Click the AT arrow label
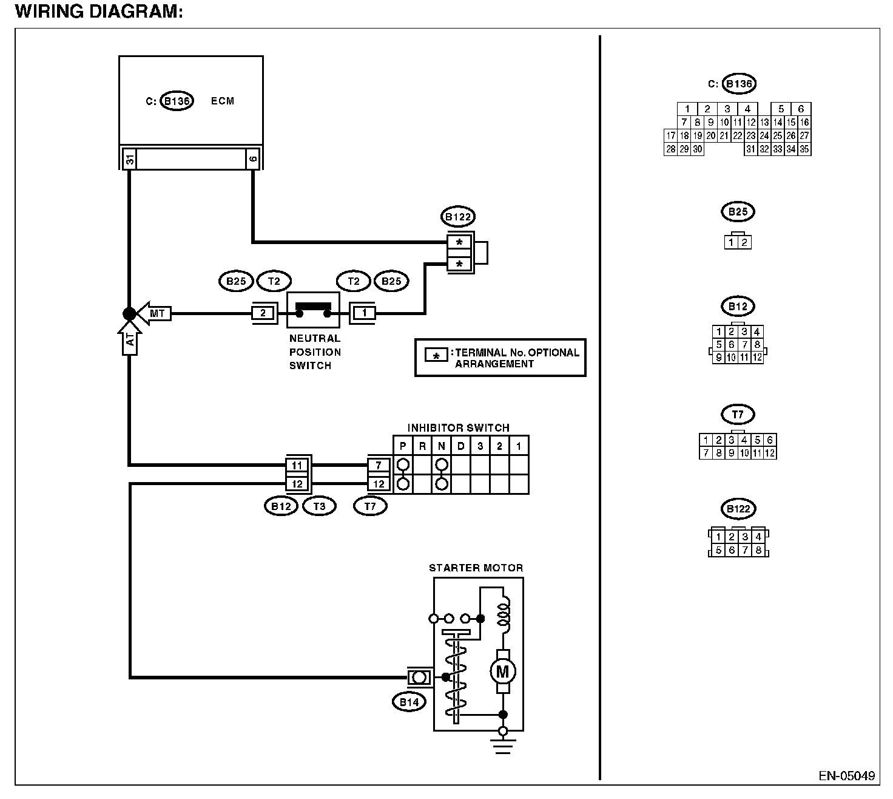coord(130,338)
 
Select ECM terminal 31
coord(130,159)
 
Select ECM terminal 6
coord(253,159)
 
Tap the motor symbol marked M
coord(502,671)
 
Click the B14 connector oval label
coord(409,702)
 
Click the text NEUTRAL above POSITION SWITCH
coord(315,338)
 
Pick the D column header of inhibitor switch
coord(461,446)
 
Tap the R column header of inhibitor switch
coord(422,446)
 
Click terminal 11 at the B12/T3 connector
coord(297,465)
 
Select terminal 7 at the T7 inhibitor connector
coord(378,465)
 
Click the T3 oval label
coord(319,506)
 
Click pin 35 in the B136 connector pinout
coord(804,149)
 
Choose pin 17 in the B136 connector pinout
coord(670,135)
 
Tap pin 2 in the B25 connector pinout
coord(744,242)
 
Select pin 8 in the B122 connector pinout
coord(758,550)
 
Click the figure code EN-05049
coord(846,775)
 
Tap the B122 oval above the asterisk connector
coord(458,217)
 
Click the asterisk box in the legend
coord(436,355)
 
